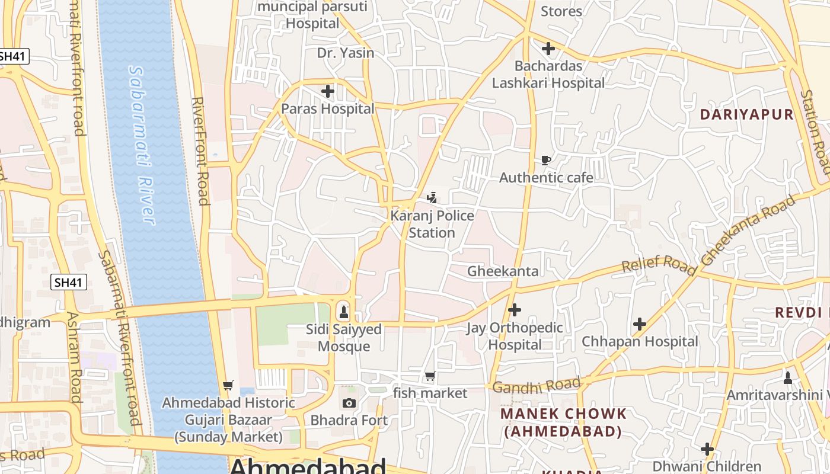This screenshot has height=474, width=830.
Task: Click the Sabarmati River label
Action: [x=142, y=145]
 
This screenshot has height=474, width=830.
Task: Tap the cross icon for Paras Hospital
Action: [x=327, y=91]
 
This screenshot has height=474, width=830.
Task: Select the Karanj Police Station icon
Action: [x=432, y=197]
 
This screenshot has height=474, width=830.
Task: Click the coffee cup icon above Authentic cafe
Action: [x=546, y=160]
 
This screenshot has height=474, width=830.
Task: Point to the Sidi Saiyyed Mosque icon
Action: [x=343, y=310]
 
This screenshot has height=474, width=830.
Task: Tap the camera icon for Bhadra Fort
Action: [x=349, y=403]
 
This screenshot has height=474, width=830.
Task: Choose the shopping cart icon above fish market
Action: [x=430, y=376]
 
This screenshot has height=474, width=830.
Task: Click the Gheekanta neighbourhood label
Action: [x=503, y=271]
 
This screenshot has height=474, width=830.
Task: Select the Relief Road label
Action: [x=659, y=265]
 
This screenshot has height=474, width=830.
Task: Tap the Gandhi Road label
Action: [x=536, y=386]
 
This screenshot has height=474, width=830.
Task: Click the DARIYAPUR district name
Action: [x=746, y=114]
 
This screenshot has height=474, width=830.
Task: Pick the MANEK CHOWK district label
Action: [x=563, y=422]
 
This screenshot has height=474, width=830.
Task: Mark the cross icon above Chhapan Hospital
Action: [x=639, y=324]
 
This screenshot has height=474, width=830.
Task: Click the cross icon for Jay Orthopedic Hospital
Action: [x=515, y=309]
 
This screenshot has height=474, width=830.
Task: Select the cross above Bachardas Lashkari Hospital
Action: [x=548, y=49]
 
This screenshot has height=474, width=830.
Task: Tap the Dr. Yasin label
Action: [x=346, y=53]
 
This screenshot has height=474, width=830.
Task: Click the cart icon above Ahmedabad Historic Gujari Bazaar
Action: [x=228, y=385]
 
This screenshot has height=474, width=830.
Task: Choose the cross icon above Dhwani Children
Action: [x=707, y=449]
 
